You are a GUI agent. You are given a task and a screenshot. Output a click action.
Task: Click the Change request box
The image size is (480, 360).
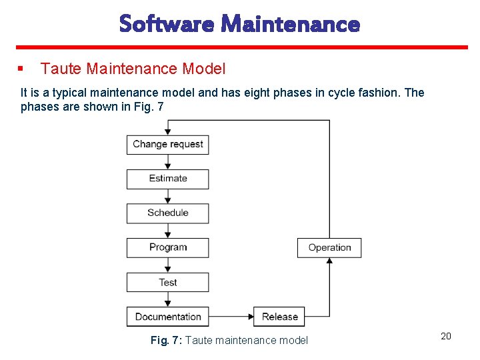167,144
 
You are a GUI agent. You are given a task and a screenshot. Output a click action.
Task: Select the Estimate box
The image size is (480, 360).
167,179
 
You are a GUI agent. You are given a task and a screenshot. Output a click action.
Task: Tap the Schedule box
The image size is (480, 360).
167,213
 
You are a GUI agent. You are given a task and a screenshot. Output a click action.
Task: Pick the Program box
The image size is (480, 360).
167,247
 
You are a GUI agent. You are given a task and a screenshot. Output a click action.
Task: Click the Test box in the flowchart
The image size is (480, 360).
167,282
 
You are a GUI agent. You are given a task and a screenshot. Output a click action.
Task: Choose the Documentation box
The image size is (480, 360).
167,317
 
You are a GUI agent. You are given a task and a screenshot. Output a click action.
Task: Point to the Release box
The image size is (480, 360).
279,317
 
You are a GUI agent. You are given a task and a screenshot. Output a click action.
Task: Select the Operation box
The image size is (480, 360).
329,247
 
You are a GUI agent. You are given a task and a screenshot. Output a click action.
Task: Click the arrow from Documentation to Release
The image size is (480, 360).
231,317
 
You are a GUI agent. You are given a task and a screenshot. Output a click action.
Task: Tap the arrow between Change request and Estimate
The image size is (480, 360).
168,162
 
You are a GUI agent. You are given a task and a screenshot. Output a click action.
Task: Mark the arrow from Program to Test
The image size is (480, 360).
168,265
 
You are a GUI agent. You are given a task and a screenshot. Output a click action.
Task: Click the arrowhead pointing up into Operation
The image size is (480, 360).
329,261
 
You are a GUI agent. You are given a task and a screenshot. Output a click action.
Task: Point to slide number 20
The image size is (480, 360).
446,336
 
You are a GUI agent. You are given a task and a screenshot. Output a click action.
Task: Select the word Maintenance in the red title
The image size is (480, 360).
291,25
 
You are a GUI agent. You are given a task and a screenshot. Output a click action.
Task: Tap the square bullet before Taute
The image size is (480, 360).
21,68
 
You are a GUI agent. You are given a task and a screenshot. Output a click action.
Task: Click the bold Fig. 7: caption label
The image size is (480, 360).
166,341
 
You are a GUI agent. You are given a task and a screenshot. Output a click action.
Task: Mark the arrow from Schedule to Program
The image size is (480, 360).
168,231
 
